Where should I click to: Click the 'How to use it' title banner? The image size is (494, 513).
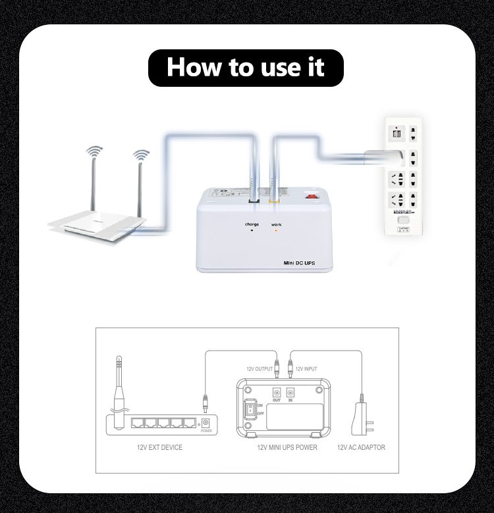tap(246, 66)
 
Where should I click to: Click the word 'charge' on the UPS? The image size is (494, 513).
tap(252, 224)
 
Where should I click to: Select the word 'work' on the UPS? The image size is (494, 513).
tap(276, 224)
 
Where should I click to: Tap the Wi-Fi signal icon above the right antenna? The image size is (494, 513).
tap(140, 155)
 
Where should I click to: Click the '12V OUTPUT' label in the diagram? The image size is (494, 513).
tap(259, 369)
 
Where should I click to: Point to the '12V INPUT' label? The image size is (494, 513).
tap(306, 369)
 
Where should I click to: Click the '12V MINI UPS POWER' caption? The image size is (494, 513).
tap(287, 448)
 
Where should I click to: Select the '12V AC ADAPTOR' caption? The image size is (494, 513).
tap(361, 448)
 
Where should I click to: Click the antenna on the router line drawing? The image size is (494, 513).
tap(119, 388)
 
